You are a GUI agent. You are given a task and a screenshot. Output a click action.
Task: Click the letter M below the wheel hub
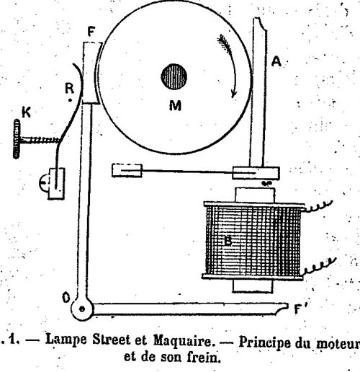pyautogui.click(x=175, y=105)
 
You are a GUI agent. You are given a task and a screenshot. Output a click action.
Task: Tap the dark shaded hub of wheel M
pyautogui.click(x=174, y=77)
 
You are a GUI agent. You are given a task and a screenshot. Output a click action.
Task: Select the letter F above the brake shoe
pyautogui.click(x=91, y=31)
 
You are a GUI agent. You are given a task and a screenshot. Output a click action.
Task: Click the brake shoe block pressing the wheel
pyautogui.click(x=91, y=73)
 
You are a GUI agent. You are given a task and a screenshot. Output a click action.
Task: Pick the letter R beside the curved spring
pyautogui.click(x=70, y=88)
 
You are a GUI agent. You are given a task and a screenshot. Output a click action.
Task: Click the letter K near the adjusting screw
pyautogui.click(x=26, y=112)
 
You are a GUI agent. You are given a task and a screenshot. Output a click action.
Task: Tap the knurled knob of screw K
pyautogui.click(x=17, y=139)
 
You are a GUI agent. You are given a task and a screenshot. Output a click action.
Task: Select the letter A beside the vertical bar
pyautogui.click(x=276, y=61)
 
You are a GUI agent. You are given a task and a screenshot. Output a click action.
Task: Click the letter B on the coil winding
pyautogui.click(x=228, y=241)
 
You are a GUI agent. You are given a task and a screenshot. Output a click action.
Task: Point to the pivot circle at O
pyautogui.click(x=82, y=309)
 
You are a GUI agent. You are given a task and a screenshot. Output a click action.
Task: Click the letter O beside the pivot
pyautogui.click(x=66, y=298)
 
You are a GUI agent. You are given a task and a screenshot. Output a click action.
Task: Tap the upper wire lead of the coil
pyautogui.click(x=318, y=207)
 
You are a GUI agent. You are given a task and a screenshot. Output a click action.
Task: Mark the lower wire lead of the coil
pyautogui.click(x=319, y=266)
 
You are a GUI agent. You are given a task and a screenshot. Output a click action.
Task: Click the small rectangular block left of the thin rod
pyautogui.click(x=127, y=171)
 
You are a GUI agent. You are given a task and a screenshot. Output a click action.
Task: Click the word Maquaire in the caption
pyautogui.click(x=184, y=340)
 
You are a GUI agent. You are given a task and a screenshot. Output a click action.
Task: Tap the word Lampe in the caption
pyautogui.click(x=66, y=340)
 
